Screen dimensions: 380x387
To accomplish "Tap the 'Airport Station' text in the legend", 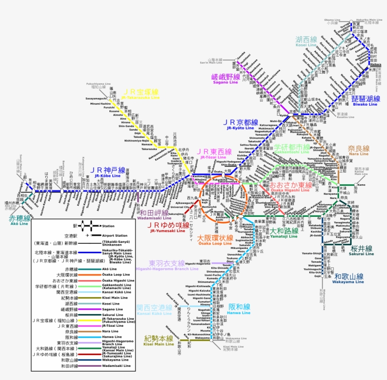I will coord(115,235).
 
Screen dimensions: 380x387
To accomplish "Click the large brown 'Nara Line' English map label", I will coord(359,154).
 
